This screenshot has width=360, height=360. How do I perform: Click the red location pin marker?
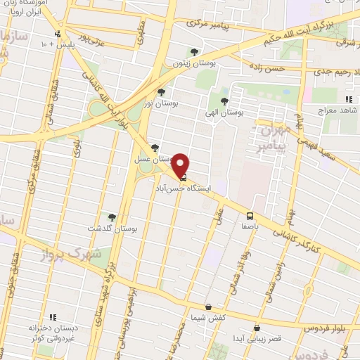[181, 165]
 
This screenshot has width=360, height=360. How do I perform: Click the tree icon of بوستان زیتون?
[194, 51]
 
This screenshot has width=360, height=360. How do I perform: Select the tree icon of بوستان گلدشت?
[111, 217]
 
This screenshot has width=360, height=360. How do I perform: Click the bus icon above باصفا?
[250, 215]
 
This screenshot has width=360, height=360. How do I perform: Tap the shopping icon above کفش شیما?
[208, 307]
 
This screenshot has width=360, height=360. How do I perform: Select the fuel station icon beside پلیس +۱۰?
[58, 33]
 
